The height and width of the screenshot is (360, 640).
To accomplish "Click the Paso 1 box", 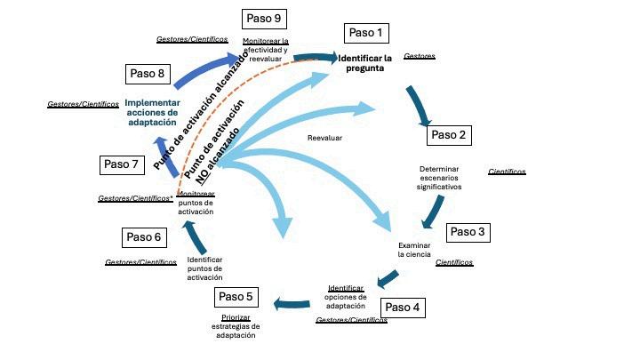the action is [x=366, y=33].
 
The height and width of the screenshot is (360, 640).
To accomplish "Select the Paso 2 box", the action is [x=449, y=135].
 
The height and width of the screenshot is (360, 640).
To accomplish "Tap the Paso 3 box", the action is [x=468, y=232].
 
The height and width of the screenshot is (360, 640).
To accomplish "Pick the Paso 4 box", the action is [x=403, y=308].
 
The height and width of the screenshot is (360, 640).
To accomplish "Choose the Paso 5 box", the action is [x=236, y=297].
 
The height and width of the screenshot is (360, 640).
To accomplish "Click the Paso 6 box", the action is [x=144, y=237].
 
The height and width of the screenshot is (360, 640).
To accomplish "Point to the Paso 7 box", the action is [x=122, y=164].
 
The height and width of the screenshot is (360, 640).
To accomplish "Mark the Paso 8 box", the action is [x=148, y=74].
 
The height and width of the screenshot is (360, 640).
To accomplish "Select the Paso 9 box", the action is [x=264, y=19].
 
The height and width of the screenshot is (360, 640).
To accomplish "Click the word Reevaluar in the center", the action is [x=325, y=138].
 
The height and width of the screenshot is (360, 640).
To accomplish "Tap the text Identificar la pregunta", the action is [x=365, y=63].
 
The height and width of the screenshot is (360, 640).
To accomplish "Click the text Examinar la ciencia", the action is [x=414, y=250].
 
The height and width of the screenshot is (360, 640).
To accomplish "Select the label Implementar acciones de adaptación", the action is [x=152, y=113].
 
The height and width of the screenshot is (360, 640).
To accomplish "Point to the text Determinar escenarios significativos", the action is [x=439, y=178].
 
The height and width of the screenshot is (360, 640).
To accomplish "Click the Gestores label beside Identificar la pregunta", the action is [x=420, y=56].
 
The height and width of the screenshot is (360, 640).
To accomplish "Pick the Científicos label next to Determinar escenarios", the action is [x=507, y=172].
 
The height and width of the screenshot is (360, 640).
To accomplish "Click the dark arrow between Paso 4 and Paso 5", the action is [x=292, y=304].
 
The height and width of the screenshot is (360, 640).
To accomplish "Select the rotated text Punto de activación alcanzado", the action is [x=201, y=110].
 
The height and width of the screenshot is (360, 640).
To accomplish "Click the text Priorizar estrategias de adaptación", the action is [x=236, y=326].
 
